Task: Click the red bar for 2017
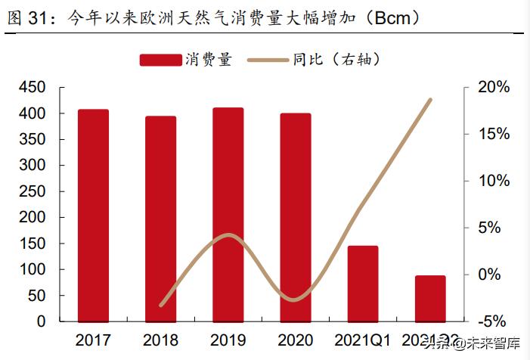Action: [x=93, y=216]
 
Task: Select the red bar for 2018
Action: [x=160, y=219]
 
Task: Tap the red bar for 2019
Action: [x=228, y=215]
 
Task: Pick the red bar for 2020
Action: [x=295, y=217]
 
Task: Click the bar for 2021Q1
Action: [x=363, y=283]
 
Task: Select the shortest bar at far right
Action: [x=430, y=298]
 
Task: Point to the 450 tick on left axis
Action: [x=31, y=88]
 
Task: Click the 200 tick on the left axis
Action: [x=31, y=217]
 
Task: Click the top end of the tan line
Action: [x=431, y=100]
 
